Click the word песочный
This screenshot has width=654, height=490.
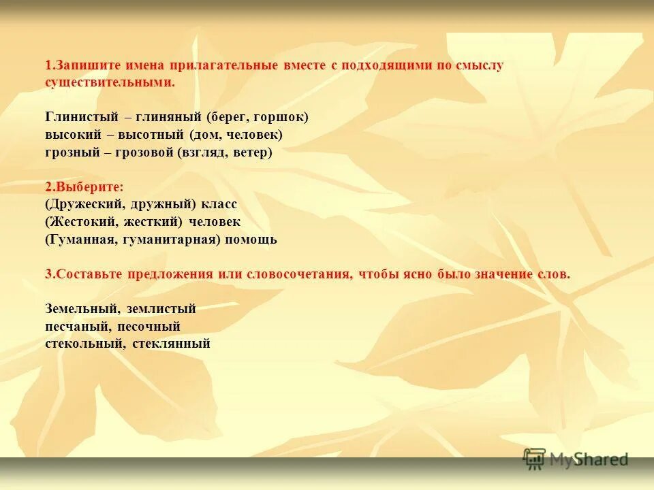click(153, 327)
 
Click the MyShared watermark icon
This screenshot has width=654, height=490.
click(535, 459)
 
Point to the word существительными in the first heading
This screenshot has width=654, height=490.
click(108, 82)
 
